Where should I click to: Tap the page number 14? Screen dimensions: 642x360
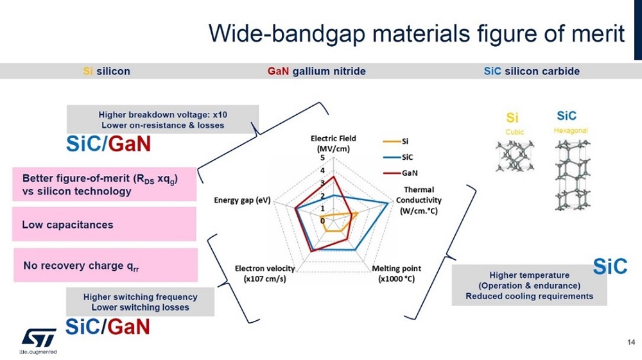(x=631, y=342)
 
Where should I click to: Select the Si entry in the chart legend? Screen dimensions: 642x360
(x=396, y=142)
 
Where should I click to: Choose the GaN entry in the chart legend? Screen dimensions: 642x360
(x=401, y=173)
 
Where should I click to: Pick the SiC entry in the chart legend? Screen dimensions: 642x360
(x=398, y=157)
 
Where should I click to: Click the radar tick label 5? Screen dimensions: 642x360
(x=323, y=158)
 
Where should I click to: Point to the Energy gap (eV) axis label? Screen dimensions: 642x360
(x=243, y=200)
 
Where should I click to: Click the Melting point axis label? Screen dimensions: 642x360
(x=396, y=273)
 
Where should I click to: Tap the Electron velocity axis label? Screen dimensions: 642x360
(x=265, y=273)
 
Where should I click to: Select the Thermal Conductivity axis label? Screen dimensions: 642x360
(x=419, y=200)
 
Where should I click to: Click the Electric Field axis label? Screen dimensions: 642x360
(x=333, y=143)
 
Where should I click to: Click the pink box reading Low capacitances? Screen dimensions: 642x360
(x=104, y=224)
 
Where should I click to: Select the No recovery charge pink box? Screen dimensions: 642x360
(x=106, y=265)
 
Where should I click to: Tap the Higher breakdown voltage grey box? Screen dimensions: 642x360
(x=162, y=119)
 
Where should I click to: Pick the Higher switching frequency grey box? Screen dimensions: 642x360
(x=140, y=302)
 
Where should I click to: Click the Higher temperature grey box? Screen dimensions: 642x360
(x=529, y=285)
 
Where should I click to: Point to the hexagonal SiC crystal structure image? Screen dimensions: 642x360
(x=573, y=175)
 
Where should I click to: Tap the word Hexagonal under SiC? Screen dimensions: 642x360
(x=571, y=130)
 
